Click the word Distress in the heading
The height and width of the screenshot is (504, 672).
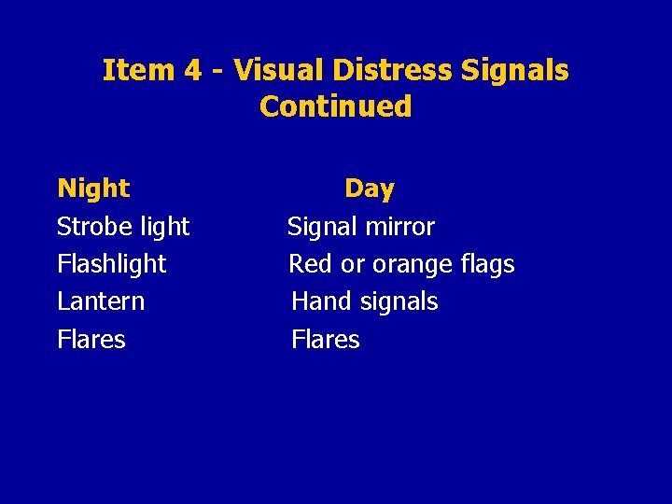pyautogui.click(x=374, y=70)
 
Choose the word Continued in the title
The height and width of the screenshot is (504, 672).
pyautogui.click(x=335, y=106)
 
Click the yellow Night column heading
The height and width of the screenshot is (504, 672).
pyautogui.click(x=93, y=189)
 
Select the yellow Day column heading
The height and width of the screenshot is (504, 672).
pyautogui.click(x=370, y=189)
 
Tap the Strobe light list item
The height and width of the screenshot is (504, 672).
pyautogui.click(x=123, y=227)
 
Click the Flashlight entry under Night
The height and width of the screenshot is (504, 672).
pyautogui.click(x=111, y=264)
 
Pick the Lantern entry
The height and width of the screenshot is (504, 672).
pyautogui.click(x=101, y=301)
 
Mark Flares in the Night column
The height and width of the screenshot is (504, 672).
pyautogui.click(x=91, y=339)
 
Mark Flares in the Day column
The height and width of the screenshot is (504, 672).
pyautogui.click(x=325, y=339)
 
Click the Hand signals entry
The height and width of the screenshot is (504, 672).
pyautogui.click(x=364, y=301)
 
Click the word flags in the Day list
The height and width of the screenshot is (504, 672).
pyautogui.click(x=488, y=265)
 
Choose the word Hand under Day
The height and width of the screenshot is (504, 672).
pyautogui.click(x=319, y=301)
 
